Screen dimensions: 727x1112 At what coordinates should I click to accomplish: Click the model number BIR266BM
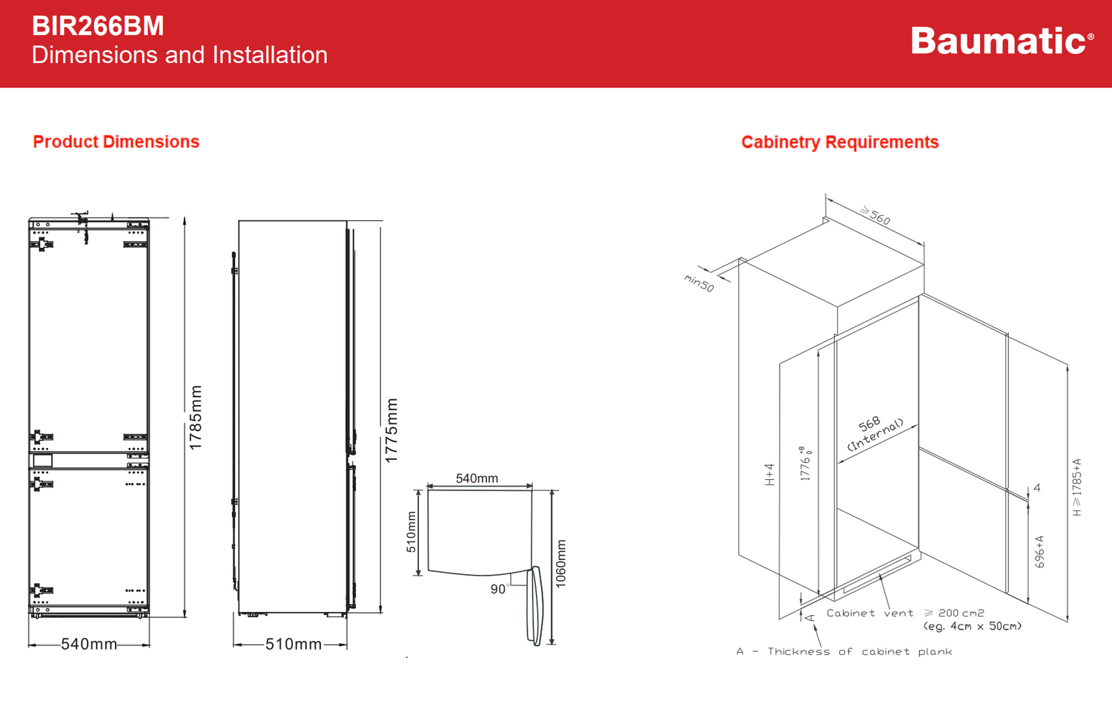98,26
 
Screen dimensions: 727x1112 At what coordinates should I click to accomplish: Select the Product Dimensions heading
116,142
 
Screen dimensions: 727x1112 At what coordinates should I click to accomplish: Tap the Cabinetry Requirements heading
840,142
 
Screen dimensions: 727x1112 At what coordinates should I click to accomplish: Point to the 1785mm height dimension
196,418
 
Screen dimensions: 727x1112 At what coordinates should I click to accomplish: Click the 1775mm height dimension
392,430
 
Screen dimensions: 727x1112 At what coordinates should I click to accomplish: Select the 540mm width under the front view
89,644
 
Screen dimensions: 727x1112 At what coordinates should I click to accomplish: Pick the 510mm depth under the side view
294,644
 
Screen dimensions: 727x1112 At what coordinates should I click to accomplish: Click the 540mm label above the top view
477,478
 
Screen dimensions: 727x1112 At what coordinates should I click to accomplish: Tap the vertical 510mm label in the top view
411,532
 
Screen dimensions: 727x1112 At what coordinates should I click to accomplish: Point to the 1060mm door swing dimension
561,564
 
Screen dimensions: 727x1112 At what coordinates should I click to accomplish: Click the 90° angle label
499,589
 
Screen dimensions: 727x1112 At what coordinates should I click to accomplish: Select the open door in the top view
535,605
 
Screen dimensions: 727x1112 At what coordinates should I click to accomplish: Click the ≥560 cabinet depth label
875,215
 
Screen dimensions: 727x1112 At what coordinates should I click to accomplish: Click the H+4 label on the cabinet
770,475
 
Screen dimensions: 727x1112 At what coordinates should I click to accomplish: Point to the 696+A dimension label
1039,552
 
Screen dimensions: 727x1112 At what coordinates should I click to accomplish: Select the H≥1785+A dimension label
1077,487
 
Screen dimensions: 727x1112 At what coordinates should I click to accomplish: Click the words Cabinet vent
870,613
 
